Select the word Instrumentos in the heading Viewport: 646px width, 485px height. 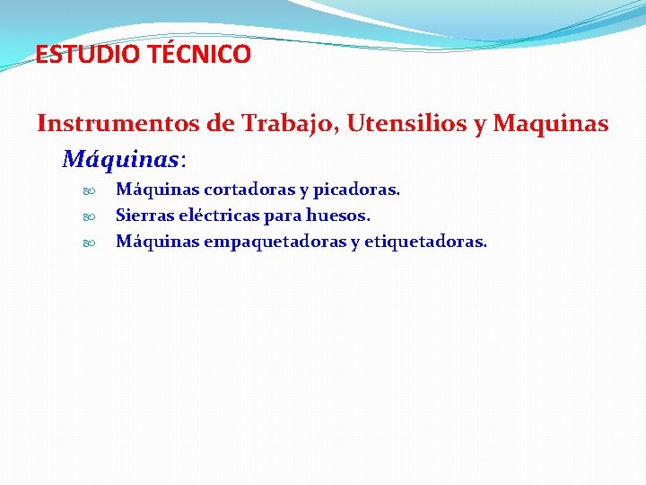(118, 123)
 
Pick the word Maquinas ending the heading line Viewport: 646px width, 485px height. (551, 123)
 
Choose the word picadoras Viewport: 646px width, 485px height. (356, 190)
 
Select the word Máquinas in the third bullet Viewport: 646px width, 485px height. (158, 242)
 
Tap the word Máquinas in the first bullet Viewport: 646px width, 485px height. (158, 190)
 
